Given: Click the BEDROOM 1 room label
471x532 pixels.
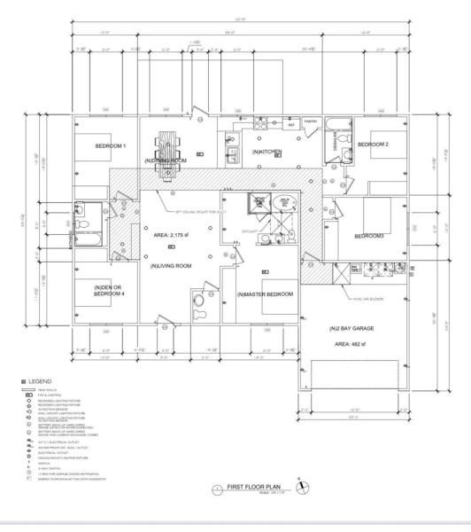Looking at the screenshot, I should (112, 145).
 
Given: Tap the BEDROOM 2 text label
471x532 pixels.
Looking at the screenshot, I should (374, 144).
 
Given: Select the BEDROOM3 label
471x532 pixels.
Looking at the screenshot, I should (368, 236).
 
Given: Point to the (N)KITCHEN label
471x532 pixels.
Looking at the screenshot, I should (266, 153).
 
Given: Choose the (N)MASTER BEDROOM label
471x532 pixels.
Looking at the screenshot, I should (265, 293).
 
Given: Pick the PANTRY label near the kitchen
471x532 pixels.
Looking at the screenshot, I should (310, 121).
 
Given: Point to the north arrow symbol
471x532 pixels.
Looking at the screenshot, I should (301, 484).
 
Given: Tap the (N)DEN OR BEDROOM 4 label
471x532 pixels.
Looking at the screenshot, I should (109, 290).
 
